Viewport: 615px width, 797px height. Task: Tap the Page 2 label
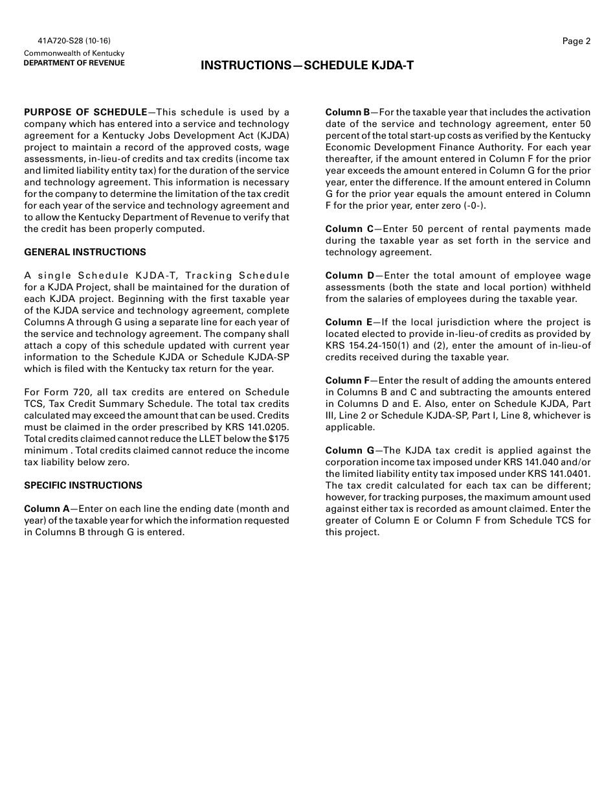pos(576,41)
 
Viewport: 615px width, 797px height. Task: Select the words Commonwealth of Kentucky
pos(74,53)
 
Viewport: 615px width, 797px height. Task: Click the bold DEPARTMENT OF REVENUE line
pos(74,63)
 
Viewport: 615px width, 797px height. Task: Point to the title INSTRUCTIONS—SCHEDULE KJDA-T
pos(307,65)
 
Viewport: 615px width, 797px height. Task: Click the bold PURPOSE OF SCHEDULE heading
pos(85,112)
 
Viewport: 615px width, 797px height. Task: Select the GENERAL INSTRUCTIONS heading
pos(85,252)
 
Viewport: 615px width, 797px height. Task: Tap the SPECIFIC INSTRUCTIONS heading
pos(83,485)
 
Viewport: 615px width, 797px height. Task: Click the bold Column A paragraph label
pos(46,509)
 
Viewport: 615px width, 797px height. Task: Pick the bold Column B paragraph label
pos(347,112)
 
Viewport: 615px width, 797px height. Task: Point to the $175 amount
pos(279,439)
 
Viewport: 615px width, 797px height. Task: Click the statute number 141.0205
pos(266,427)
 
